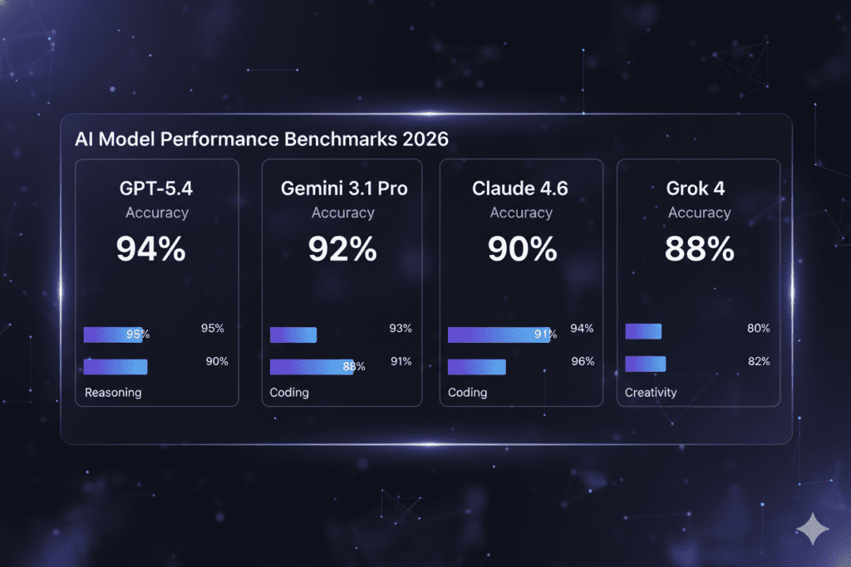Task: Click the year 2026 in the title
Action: click(x=414, y=139)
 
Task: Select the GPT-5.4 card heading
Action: click(x=156, y=188)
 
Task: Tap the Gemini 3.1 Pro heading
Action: click(x=343, y=188)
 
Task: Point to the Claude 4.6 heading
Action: click(x=520, y=188)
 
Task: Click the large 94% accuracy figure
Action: click(x=150, y=249)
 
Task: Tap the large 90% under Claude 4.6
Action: click(x=521, y=249)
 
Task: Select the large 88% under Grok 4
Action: click(x=699, y=249)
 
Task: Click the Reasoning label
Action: click(x=113, y=393)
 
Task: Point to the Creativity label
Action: click(x=651, y=393)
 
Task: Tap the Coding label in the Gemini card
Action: click(x=289, y=393)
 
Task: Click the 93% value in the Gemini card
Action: click(x=400, y=329)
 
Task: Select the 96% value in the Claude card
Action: click(x=583, y=362)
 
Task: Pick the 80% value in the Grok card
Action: click(x=758, y=329)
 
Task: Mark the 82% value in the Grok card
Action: click(x=758, y=362)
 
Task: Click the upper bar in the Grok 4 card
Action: click(x=642, y=331)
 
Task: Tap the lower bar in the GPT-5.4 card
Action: click(x=116, y=366)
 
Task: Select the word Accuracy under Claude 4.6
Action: click(x=521, y=213)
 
